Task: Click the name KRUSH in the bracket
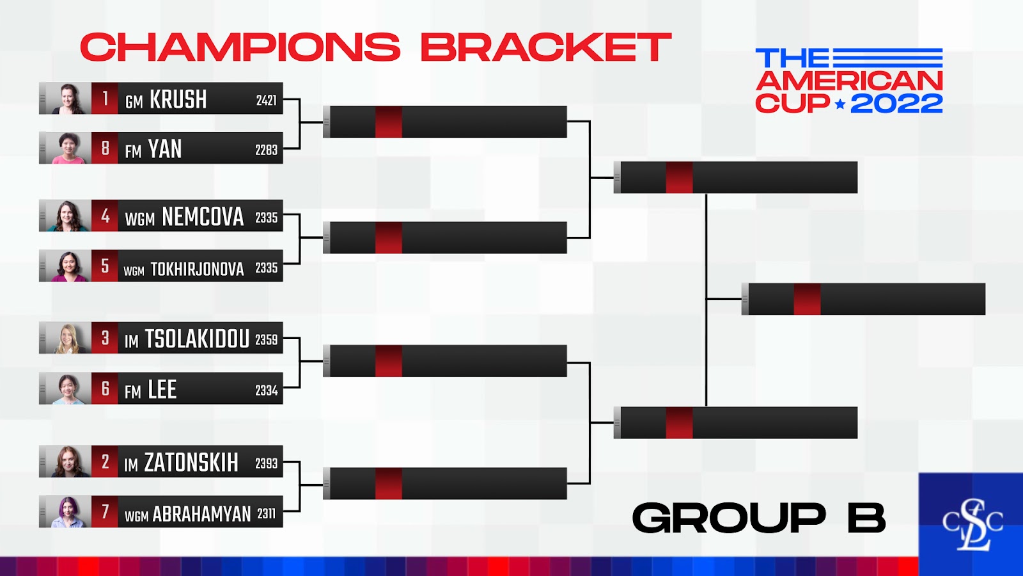pyautogui.click(x=178, y=99)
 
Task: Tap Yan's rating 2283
pyautogui.click(x=266, y=150)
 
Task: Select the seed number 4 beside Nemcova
pyautogui.click(x=105, y=216)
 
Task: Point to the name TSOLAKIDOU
pyautogui.click(x=198, y=339)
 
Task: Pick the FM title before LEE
pyautogui.click(x=133, y=391)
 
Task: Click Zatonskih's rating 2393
pyautogui.click(x=266, y=463)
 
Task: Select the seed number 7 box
pyautogui.click(x=105, y=511)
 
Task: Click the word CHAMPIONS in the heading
pyautogui.click(x=240, y=47)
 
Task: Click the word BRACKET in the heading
pyautogui.click(x=546, y=47)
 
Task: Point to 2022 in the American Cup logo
pyautogui.click(x=896, y=104)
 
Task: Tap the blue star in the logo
pyautogui.click(x=840, y=105)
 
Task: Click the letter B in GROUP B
pyautogui.click(x=867, y=518)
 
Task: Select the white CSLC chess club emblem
pyautogui.click(x=972, y=525)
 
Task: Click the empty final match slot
pyautogui.click(x=863, y=299)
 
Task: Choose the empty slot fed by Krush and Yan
pyautogui.click(x=445, y=122)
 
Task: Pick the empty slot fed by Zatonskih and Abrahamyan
pyautogui.click(x=445, y=483)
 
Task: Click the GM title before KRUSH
pyautogui.click(x=134, y=102)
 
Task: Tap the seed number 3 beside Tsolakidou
pyautogui.click(x=105, y=338)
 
